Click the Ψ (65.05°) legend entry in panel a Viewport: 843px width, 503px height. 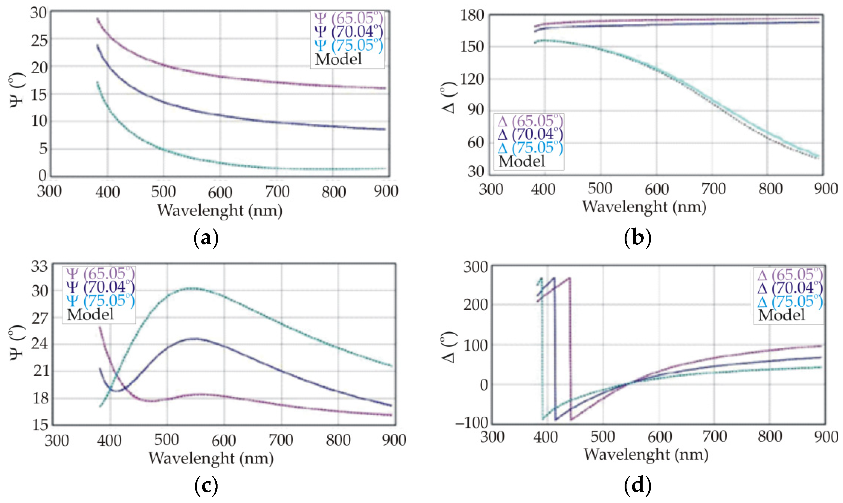click(348, 18)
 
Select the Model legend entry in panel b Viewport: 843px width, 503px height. click(522, 161)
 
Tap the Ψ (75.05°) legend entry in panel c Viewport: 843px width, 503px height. click(100, 301)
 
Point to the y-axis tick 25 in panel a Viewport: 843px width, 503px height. click(39, 41)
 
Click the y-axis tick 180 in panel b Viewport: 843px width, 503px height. click(472, 16)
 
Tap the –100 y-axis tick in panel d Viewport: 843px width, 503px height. click(472, 423)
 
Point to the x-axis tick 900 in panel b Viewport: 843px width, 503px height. click(826, 189)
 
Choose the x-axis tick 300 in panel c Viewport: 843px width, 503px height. click(57, 440)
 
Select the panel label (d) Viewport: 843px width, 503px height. click(637, 485)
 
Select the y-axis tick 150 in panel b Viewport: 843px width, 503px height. click(472, 47)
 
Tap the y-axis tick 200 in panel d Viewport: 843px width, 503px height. click(475, 305)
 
